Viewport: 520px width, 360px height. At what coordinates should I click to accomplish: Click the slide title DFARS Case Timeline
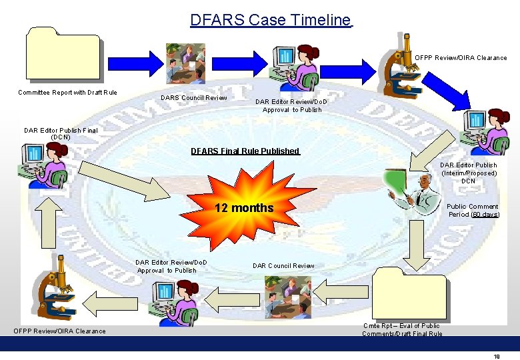point(271,20)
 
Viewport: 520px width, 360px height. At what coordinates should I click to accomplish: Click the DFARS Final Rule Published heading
point(245,151)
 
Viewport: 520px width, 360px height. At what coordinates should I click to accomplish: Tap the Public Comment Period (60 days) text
point(473,211)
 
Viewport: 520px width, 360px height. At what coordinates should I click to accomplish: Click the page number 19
point(497,356)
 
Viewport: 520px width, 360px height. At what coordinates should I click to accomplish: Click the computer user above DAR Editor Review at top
point(294,67)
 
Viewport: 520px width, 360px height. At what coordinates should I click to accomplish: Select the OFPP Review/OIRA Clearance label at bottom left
point(59,331)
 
